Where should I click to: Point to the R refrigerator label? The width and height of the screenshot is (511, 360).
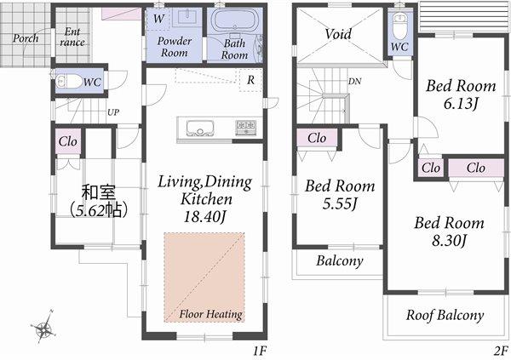point(250,81)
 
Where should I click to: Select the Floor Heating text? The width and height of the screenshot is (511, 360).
point(210,314)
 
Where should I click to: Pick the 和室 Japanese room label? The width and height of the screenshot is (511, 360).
point(94,191)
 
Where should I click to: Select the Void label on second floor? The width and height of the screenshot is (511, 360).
point(338,34)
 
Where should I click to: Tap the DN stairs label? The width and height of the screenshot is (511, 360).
point(353,82)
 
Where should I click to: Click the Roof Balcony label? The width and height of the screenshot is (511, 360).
point(445,315)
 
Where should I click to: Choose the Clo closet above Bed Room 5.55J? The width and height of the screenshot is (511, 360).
point(317,137)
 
